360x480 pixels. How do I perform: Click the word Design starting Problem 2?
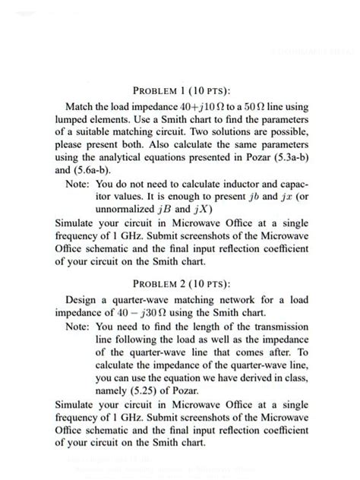coord(84,299)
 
